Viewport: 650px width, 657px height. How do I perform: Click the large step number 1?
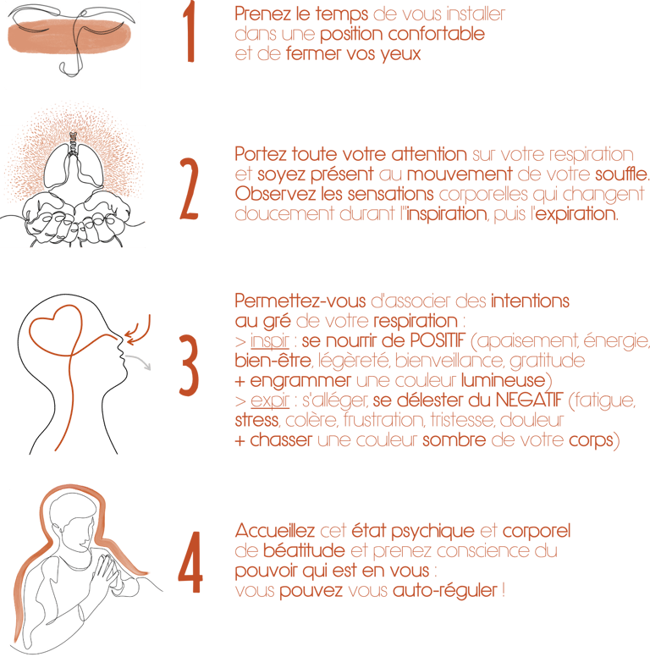click(x=189, y=32)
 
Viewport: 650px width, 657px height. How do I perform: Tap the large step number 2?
click(x=189, y=189)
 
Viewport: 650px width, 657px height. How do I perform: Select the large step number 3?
click(x=189, y=366)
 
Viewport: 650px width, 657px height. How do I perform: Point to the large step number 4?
click(x=190, y=562)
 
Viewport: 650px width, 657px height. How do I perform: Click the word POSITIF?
click(x=438, y=340)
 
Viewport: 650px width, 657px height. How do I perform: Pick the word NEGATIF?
click(x=529, y=400)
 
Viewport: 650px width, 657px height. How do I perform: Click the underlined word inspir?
click(x=270, y=341)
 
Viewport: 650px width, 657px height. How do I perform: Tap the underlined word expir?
click(x=270, y=401)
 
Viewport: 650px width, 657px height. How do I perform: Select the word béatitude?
click(x=304, y=550)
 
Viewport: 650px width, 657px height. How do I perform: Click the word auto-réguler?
click(x=445, y=591)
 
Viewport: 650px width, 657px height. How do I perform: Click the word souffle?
click(x=622, y=174)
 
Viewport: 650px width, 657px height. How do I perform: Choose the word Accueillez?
click(x=275, y=531)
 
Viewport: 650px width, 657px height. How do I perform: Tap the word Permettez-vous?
click(x=300, y=301)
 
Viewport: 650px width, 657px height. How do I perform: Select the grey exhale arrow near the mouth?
click(x=139, y=361)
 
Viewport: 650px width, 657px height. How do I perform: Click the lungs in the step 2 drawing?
click(x=74, y=165)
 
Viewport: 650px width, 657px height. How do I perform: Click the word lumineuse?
click(x=503, y=380)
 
